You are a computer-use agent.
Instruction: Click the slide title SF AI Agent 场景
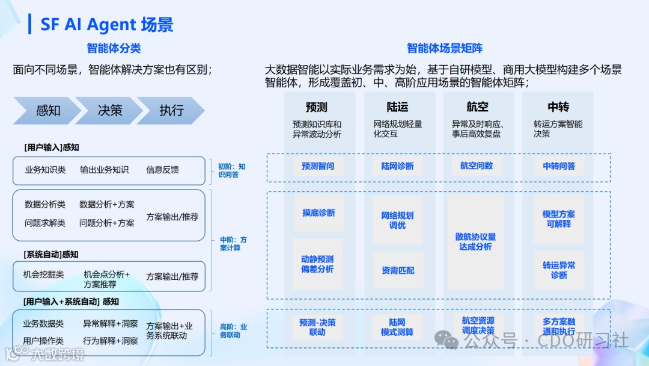click(107, 24)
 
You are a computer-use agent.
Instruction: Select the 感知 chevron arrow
click(47, 111)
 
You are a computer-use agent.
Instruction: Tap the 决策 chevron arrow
click(110, 111)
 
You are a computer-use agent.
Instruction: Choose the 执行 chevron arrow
click(171, 111)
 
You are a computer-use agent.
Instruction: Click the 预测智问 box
click(317, 166)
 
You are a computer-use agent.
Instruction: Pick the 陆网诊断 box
click(397, 166)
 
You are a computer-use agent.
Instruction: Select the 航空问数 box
click(477, 166)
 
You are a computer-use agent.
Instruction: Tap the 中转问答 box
click(559, 166)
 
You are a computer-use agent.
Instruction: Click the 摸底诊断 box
click(318, 213)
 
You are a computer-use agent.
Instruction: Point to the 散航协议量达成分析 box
click(476, 242)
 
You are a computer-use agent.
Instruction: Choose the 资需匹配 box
click(398, 270)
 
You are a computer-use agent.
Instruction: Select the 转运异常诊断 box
click(559, 270)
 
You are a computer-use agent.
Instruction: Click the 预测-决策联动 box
click(317, 327)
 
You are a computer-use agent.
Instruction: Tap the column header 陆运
click(397, 107)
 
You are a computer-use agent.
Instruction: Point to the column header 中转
click(558, 107)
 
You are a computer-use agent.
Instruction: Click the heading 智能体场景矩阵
click(445, 48)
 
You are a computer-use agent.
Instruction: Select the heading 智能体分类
click(114, 48)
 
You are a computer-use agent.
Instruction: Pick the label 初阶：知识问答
click(231, 170)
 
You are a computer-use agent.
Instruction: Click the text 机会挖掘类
click(44, 274)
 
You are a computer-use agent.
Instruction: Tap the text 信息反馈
click(162, 170)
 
